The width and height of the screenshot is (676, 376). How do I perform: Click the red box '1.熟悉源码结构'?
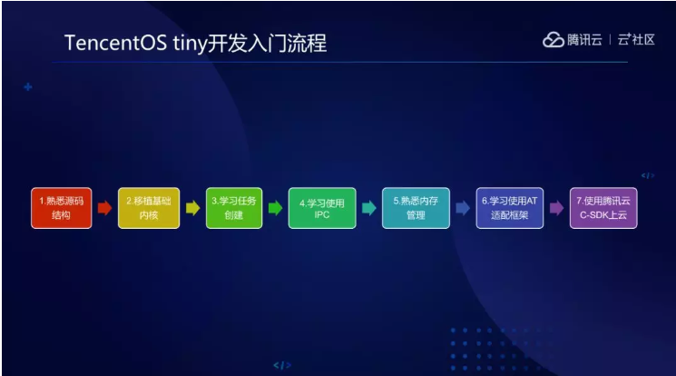pyautogui.click(x=61, y=208)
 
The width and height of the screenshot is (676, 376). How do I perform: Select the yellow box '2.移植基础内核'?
pyautogui.click(x=149, y=208)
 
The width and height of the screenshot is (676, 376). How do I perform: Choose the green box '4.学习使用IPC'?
pyautogui.click(x=322, y=208)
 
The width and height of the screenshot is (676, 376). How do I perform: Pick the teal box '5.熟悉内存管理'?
pyautogui.click(x=416, y=208)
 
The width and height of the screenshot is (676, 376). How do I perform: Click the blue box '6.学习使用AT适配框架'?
pyautogui.click(x=510, y=208)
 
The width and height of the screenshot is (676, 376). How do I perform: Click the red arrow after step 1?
pyautogui.click(x=104, y=208)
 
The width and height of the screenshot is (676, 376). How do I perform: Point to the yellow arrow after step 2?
pyautogui.click(x=192, y=208)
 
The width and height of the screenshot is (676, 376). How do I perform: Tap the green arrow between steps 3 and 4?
pyautogui.click(x=276, y=208)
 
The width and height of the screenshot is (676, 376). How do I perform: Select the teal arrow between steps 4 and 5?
pyautogui.click(x=368, y=208)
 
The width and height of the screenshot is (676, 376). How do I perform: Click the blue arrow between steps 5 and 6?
pyautogui.click(x=463, y=208)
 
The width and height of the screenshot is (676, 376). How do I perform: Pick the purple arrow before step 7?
pyautogui.click(x=556, y=208)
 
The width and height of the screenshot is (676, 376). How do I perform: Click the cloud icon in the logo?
pyautogui.click(x=553, y=40)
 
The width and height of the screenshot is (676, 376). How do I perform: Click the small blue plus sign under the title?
pyautogui.click(x=28, y=87)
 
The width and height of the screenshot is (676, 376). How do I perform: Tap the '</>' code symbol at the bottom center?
pyautogui.click(x=283, y=365)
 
